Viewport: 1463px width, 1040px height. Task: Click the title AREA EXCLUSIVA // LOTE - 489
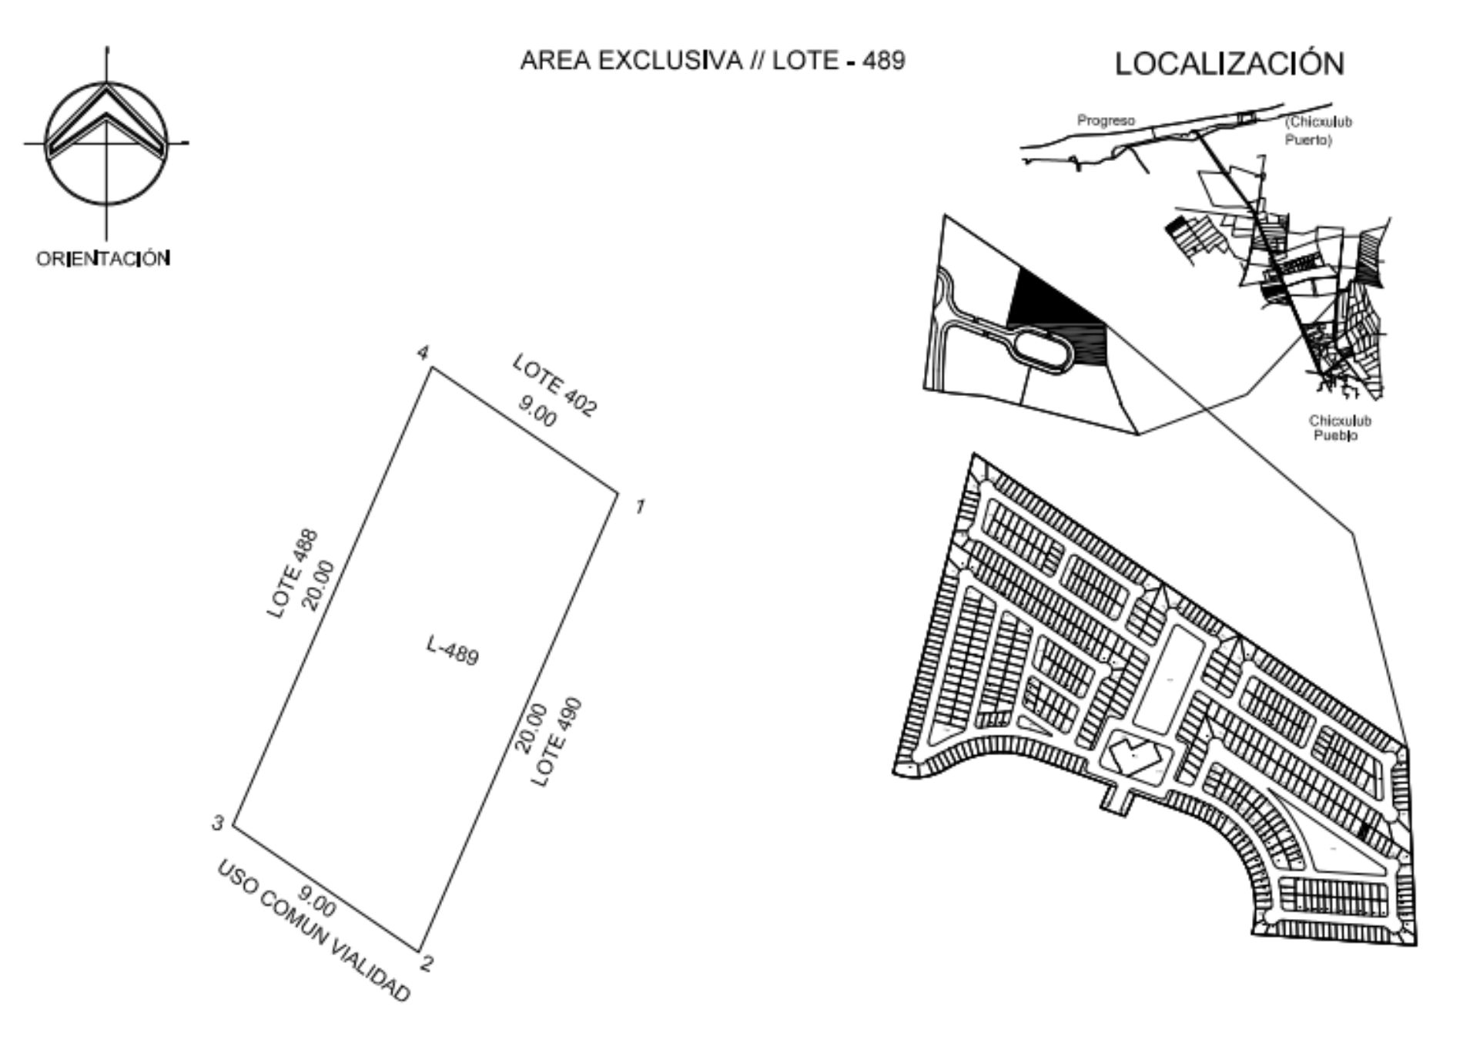point(712,60)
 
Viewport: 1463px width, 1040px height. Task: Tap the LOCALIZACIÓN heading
point(1230,62)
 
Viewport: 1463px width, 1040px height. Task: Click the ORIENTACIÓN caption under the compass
point(103,258)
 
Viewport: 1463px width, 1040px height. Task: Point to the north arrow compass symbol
point(106,143)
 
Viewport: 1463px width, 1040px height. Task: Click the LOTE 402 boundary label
point(554,385)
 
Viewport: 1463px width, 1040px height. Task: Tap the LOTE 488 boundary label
point(292,573)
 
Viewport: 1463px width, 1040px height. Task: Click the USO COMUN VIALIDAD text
point(313,931)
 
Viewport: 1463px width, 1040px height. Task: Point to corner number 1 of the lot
point(618,490)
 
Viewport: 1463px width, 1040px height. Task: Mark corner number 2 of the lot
point(420,951)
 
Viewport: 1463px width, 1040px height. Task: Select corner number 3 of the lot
point(233,826)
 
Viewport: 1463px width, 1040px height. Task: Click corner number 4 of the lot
point(431,367)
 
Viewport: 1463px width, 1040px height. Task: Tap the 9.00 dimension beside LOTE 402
point(536,411)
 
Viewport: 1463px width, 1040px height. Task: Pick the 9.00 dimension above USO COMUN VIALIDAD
point(316,901)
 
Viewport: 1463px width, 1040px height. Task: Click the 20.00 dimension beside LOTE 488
point(319,585)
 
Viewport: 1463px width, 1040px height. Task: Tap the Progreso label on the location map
point(1106,121)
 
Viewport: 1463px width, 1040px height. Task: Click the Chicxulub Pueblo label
point(1339,428)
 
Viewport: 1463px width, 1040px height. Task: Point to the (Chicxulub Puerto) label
point(1318,131)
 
